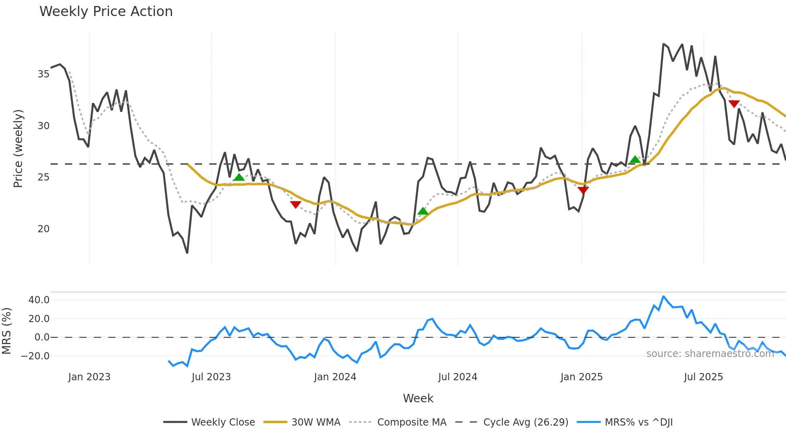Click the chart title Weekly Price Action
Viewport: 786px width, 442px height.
[106, 12]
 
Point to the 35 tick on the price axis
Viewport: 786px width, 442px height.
[43, 74]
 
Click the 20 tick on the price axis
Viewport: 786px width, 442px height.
[43, 229]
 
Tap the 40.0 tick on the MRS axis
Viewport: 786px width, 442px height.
[39, 300]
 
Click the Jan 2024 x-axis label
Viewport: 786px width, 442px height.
[335, 377]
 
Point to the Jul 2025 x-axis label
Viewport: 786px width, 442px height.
[703, 377]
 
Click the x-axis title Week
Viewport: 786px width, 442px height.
[418, 398]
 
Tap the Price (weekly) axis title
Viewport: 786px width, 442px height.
[18, 148]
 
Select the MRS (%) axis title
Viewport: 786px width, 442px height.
[6, 331]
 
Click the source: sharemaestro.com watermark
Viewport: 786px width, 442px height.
[710, 354]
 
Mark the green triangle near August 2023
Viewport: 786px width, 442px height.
[239, 177]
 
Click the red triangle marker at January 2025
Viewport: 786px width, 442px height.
[583, 190]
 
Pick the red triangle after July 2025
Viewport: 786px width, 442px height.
[734, 104]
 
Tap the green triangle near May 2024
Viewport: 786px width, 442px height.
[423, 211]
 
